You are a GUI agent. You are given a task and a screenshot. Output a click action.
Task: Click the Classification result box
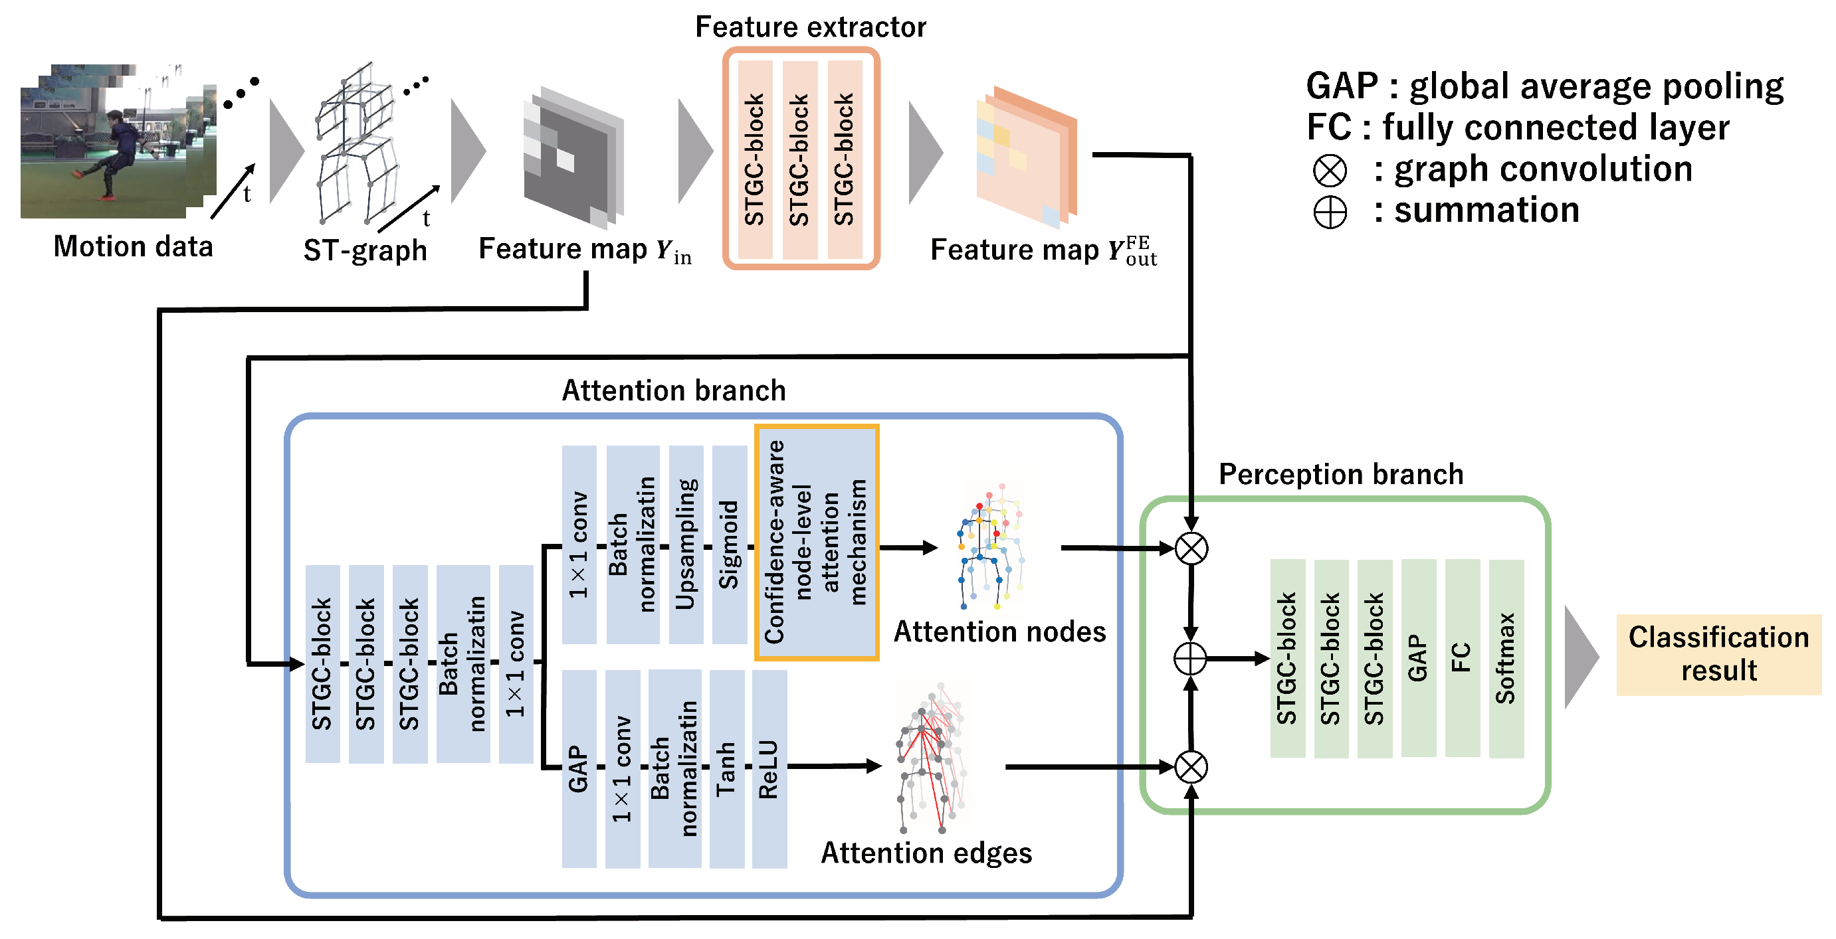click(x=1718, y=654)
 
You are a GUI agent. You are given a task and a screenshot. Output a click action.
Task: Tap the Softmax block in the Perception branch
click(x=1506, y=658)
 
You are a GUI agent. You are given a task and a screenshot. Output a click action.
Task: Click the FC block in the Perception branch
click(x=1463, y=658)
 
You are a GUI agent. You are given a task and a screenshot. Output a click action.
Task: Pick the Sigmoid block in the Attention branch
click(x=729, y=545)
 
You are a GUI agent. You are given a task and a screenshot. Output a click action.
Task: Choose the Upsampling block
click(x=686, y=545)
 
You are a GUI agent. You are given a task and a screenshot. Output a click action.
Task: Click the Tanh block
click(x=727, y=769)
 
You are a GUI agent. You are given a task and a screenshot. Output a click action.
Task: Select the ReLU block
click(x=769, y=769)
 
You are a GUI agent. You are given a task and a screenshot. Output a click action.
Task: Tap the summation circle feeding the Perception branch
click(x=1190, y=658)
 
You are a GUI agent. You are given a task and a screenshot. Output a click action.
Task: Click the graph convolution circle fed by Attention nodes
click(x=1191, y=549)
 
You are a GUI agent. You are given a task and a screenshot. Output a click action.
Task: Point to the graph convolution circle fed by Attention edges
click(x=1191, y=767)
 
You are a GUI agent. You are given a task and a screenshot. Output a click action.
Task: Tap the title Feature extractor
click(x=811, y=27)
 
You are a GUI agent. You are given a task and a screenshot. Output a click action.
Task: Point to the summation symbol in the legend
click(x=1330, y=212)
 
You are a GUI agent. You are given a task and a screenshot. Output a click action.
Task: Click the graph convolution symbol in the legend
click(x=1330, y=170)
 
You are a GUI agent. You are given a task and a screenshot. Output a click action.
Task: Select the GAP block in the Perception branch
click(x=1418, y=658)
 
